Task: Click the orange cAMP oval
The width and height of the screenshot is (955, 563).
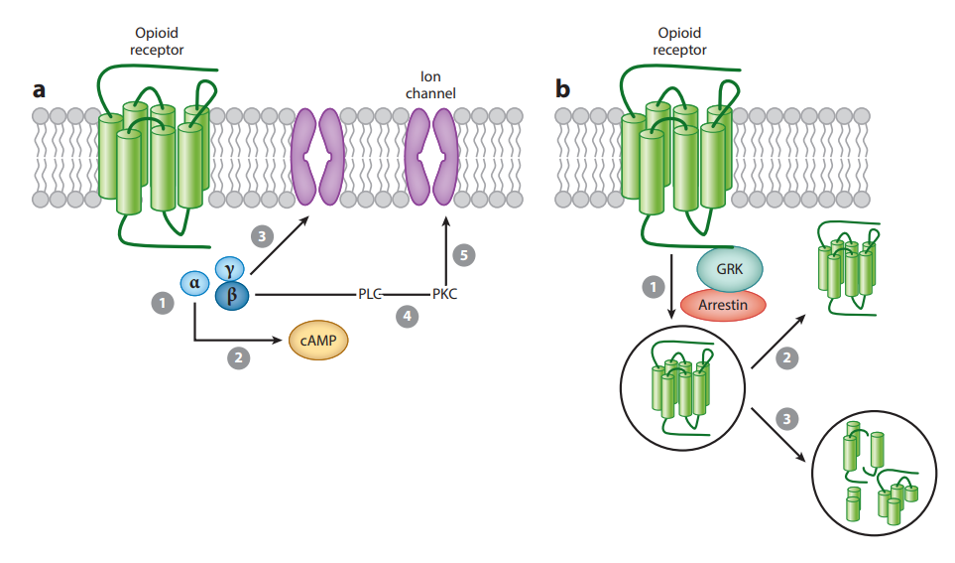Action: coord(319,341)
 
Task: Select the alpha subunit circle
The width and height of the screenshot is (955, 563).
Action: coord(195,284)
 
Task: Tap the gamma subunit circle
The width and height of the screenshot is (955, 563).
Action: coord(230,268)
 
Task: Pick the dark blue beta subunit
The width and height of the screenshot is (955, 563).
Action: coord(232,295)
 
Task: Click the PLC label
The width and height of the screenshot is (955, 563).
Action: coord(370,294)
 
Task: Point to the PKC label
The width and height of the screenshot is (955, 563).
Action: coord(445,294)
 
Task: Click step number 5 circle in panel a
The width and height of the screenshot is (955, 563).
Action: coord(464,255)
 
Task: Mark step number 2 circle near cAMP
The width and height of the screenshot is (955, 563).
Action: coord(237,359)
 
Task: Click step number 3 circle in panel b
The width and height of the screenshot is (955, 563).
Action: coord(787,420)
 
